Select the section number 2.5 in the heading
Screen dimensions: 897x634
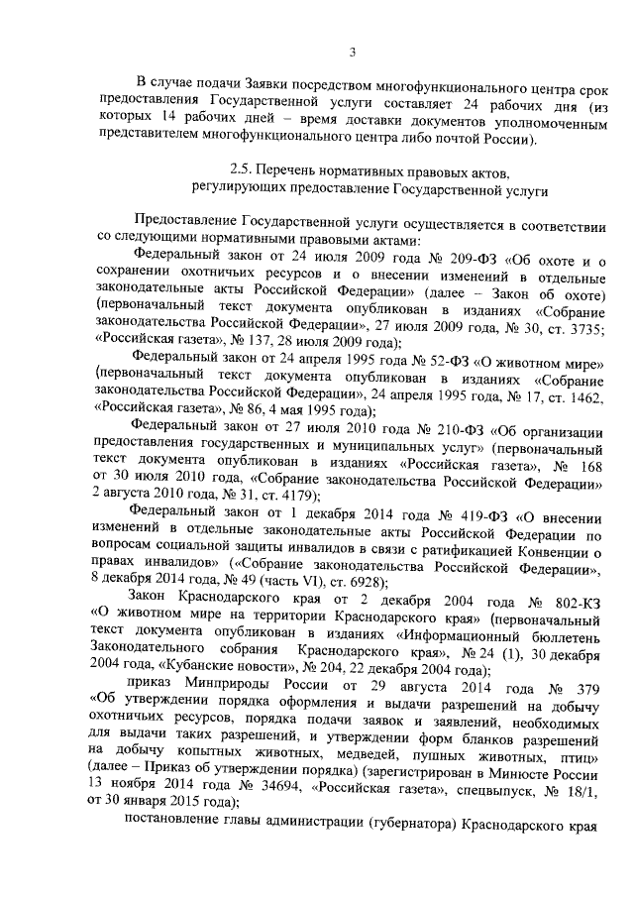click(x=239, y=169)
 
